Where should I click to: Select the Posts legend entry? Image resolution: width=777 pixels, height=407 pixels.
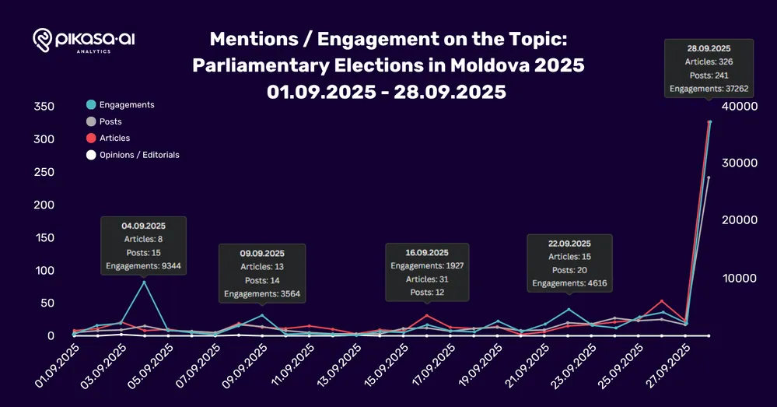(110, 121)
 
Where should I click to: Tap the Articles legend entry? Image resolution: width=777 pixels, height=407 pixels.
(114, 139)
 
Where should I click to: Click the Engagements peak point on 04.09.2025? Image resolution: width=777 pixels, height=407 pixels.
(144, 282)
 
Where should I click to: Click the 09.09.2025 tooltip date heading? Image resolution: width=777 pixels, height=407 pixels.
(262, 253)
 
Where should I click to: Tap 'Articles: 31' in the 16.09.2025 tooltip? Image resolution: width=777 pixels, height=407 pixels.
(427, 279)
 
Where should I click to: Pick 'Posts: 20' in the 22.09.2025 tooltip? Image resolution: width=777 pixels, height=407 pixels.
(569, 270)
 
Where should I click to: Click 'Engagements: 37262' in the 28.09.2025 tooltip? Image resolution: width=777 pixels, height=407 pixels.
(708, 89)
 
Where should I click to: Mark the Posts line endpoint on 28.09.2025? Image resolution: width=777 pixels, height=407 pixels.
(709, 178)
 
